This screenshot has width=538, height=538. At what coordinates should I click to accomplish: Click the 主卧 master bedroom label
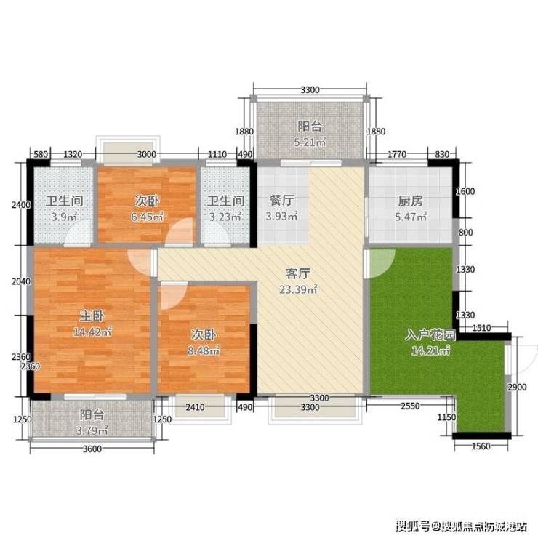tap(92, 316)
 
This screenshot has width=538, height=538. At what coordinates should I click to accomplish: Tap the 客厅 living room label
tap(298, 274)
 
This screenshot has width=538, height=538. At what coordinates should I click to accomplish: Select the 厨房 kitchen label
tap(411, 201)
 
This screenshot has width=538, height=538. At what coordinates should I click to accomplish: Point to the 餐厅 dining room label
tap(281, 201)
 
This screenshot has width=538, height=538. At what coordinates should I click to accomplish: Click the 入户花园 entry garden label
tap(430, 334)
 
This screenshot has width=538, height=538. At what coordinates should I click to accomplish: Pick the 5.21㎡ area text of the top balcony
tap(310, 142)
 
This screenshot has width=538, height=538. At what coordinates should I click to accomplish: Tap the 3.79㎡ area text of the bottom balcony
tap(92, 430)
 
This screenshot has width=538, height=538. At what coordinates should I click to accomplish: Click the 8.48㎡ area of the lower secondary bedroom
tap(204, 350)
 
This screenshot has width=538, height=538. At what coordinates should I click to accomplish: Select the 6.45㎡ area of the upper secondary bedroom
tap(147, 217)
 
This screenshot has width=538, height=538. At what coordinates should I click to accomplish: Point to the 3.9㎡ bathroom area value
tap(64, 217)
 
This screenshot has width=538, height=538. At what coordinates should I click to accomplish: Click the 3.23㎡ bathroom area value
tap(225, 217)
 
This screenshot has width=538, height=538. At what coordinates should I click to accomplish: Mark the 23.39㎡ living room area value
tap(298, 289)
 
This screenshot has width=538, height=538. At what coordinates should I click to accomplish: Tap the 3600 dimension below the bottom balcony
tap(92, 449)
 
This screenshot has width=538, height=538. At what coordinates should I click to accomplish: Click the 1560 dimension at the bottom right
tap(481, 446)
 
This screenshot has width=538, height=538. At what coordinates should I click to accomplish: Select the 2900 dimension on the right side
tap(517, 387)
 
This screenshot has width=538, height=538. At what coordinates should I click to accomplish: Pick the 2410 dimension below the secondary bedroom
tap(195, 407)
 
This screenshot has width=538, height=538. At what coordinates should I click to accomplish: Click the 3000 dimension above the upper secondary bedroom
tap(147, 154)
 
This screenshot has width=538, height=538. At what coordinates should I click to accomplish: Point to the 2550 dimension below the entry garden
tap(410, 406)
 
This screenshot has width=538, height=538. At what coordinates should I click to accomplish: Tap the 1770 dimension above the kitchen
tap(397, 154)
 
